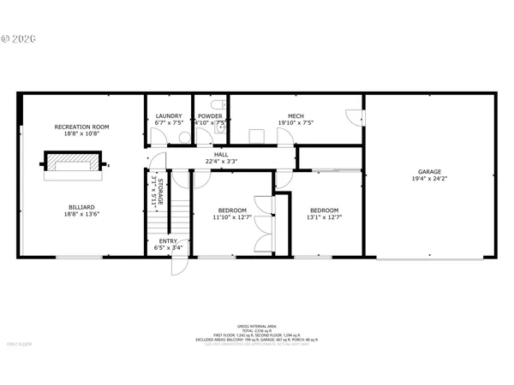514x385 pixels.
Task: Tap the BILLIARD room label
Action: click(81, 206)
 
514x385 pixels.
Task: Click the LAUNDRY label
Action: click(168, 115)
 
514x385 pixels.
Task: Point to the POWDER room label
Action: click(210, 115)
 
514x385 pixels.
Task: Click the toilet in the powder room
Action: click(219, 133)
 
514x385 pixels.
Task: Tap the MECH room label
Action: click(296, 115)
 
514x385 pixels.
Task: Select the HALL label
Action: click(221, 154)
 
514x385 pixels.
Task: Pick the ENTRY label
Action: click(169, 241)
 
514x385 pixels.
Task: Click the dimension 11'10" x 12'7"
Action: click(232, 217)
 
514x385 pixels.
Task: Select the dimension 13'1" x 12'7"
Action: click(324, 217)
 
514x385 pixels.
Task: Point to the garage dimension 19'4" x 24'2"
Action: click(429, 179)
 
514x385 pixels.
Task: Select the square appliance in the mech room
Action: click(255, 135)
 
